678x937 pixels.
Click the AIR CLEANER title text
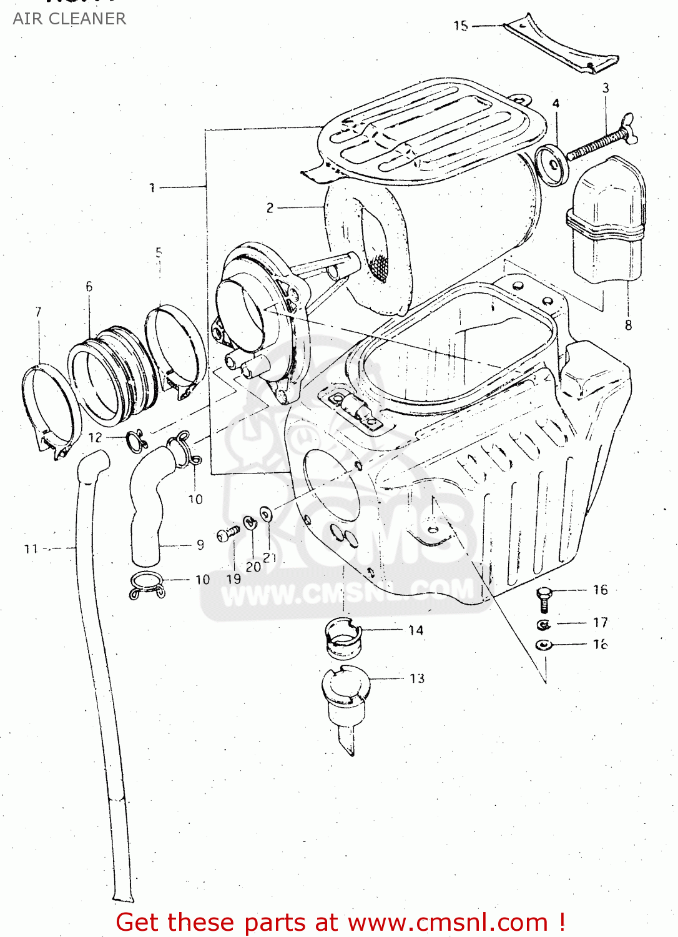coord(69,19)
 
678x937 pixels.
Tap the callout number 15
coord(461,26)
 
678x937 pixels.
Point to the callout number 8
coord(628,325)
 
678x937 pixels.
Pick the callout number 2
coord(270,207)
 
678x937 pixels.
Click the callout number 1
coord(152,187)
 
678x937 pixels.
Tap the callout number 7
coord(39,312)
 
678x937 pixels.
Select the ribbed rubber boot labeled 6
coord(112,375)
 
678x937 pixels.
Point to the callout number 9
coord(200,545)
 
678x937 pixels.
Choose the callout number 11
coord(31,549)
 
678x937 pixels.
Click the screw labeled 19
coord(228,534)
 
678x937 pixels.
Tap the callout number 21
coord(269,557)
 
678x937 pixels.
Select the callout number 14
coord(416,630)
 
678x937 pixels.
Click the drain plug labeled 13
coord(345,700)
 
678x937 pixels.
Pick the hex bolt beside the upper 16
coord(544,599)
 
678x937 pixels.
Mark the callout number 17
coord(600,622)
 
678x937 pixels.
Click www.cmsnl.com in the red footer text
coord(447,923)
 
